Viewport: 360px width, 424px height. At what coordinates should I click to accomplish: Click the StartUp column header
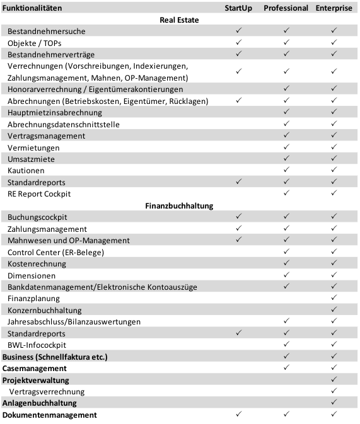238,8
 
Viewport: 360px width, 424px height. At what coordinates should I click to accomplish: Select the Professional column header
286,8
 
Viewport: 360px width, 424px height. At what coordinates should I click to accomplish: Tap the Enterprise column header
334,8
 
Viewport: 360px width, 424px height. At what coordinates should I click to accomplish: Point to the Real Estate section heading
180,20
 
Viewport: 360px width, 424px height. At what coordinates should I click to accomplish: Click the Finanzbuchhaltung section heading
180,205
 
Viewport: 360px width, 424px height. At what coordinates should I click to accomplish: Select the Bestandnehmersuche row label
47,32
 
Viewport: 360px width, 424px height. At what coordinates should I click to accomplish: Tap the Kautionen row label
26,171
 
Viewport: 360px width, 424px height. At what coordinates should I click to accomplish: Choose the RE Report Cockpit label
39,193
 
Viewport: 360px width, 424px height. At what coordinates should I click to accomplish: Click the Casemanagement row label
35,369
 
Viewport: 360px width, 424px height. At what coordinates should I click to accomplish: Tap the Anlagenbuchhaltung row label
40,403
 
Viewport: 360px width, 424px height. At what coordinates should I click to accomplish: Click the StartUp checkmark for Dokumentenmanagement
238,415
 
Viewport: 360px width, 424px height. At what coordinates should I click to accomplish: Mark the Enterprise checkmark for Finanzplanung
334,298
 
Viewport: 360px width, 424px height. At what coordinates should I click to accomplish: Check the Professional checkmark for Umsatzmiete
286,159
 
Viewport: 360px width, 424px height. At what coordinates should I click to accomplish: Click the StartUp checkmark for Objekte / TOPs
238,43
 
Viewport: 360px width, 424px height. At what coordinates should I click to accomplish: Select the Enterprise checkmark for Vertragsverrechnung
334,391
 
